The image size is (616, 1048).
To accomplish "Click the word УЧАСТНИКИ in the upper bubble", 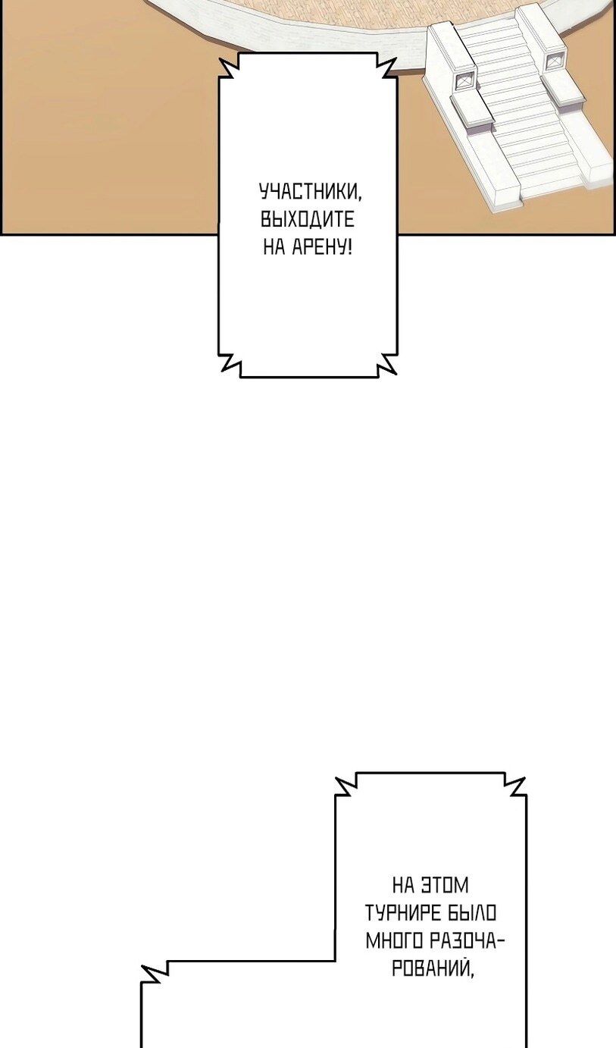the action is click(311, 193).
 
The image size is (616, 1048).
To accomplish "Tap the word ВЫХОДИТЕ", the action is click(308, 219).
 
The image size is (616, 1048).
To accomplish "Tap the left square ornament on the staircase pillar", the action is click(465, 82).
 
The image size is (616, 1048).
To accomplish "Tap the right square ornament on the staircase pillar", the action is click(554, 61).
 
